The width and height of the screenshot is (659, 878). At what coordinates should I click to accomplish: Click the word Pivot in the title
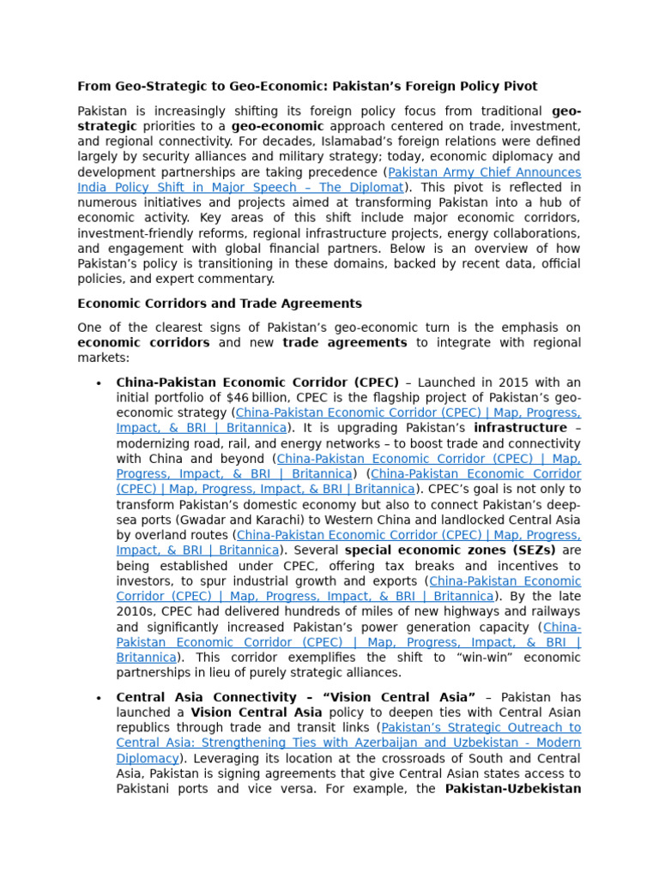[x=518, y=87]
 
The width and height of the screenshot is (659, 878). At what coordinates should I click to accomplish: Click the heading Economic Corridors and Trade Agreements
[x=220, y=304]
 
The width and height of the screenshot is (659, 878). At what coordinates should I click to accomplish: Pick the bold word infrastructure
[x=522, y=428]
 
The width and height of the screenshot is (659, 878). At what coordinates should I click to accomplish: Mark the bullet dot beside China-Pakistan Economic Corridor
[x=100, y=382]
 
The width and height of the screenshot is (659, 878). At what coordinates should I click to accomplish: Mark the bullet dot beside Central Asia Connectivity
[x=100, y=697]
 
